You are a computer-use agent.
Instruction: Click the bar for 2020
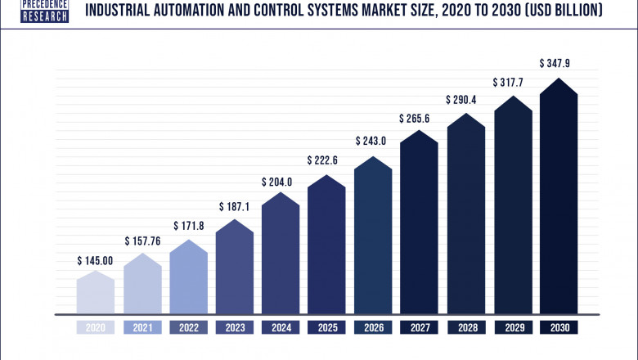pos(96,293)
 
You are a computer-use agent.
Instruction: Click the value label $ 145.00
pos(96,261)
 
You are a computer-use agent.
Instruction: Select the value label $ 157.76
pos(142,241)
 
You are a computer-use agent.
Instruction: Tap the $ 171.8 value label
pos(189,224)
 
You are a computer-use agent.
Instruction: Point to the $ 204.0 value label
pos(281,182)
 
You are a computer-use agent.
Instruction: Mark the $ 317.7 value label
pos(512,83)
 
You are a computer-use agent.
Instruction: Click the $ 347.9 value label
pos(559,63)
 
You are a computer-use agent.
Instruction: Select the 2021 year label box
pos(142,327)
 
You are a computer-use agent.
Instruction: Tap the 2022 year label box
pos(189,327)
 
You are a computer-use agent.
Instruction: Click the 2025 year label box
pos(327,327)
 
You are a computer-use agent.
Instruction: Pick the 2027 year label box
pos(420,327)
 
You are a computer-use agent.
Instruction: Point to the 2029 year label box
pos(512,327)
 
